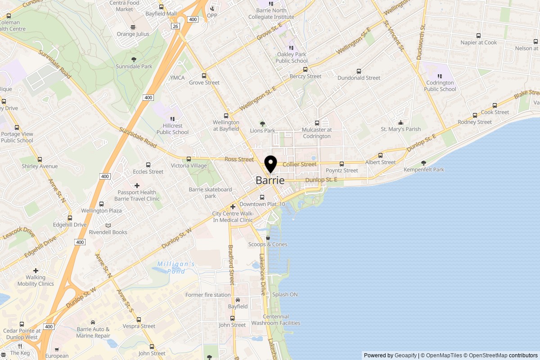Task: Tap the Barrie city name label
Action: click(x=270, y=180)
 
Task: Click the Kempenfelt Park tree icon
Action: click(x=423, y=163)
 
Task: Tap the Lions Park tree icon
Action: click(x=262, y=124)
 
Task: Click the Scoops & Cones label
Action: click(x=268, y=244)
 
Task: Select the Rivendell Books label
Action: click(x=108, y=232)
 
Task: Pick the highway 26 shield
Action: click(x=175, y=26)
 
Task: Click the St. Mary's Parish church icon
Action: click(x=400, y=122)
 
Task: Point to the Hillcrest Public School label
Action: click(x=172, y=129)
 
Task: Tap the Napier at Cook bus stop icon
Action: click(x=478, y=36)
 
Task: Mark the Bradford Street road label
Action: click(x=232, y=265)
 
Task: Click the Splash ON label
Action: click(x=285, y=295)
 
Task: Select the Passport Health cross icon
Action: click(x=137, y=185)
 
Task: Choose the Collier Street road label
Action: click(x=299, y=164)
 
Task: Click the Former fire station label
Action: click(x=208, y=295)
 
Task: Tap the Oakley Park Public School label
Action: click(x=291, y=58)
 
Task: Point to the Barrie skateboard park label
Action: click(x=210, y=193)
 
